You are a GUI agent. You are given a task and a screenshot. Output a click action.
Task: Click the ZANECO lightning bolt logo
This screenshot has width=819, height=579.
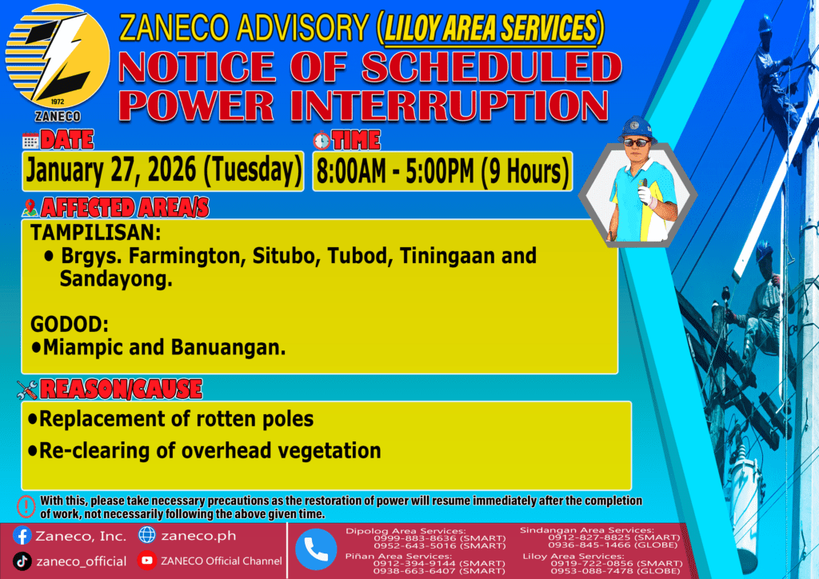58,57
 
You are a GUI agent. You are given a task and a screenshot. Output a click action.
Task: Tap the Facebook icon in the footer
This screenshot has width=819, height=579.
22,536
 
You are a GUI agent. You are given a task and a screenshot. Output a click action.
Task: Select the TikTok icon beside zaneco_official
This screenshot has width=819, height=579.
22,561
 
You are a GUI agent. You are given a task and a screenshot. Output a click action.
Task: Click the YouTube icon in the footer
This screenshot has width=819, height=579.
147,560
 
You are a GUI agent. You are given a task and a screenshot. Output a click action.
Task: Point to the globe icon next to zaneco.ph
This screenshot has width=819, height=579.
147,535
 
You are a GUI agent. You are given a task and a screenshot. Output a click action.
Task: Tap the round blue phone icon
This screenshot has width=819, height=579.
316,549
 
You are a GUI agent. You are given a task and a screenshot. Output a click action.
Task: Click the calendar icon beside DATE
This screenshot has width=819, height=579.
30,141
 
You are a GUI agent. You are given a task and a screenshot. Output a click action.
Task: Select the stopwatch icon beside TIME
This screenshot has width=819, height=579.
322,141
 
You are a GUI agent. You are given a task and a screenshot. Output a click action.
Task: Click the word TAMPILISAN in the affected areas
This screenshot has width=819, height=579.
96,233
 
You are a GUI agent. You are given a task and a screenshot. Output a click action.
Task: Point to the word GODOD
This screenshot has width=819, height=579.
70,324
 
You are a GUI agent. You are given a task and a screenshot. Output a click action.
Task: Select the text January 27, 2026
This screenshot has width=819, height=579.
110,170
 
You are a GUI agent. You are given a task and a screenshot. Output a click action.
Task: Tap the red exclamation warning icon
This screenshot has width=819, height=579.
26,506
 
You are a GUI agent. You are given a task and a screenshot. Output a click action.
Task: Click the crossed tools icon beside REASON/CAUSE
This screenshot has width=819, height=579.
27,389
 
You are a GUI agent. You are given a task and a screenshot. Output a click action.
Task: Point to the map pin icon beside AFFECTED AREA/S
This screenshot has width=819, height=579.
30,208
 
